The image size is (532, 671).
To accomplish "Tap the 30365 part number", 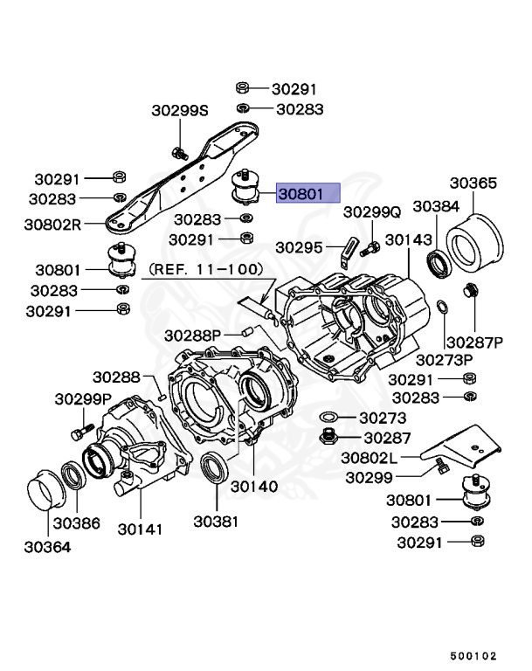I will pos(473,183).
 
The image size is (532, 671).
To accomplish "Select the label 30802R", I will pos(53,224).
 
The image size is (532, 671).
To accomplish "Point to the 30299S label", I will pos(180,111).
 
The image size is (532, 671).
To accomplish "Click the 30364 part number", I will pos(47,548).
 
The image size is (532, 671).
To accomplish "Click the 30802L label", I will pos(369,457).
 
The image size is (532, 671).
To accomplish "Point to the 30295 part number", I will pos(300,247).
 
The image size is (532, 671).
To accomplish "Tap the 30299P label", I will pos(82,399).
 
